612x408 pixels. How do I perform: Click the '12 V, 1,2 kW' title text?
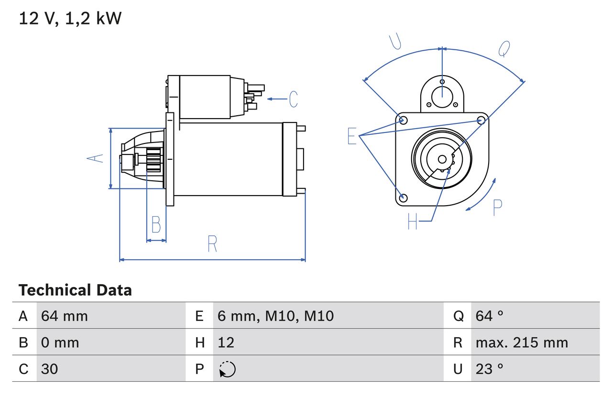click(70, 19)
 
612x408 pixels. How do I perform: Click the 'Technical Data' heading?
click(75, 290)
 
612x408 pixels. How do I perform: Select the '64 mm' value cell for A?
click(65, 316)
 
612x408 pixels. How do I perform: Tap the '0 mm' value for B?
click(60, 342)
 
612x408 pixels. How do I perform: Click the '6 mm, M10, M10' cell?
click(275, 316)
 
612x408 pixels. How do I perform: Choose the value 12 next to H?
click(226, 342)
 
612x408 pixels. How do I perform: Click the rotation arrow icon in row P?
click(228, 369)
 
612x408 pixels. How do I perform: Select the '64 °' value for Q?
click(490, 316)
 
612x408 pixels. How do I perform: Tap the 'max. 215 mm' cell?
click(522, 342)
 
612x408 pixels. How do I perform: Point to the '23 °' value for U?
click(490, 369)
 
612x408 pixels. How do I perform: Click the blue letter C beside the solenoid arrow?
click(293, 99)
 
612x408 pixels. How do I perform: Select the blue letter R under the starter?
click(212, 244)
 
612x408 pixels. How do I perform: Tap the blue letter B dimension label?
click(156, 225)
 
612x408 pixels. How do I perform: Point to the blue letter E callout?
click(352, 136)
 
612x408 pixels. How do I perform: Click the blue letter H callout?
click(413, 221)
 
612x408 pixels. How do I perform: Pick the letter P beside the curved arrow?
click(497, 208)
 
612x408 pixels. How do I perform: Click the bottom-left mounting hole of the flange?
click(403, 197)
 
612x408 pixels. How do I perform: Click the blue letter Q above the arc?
click(504, 48)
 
